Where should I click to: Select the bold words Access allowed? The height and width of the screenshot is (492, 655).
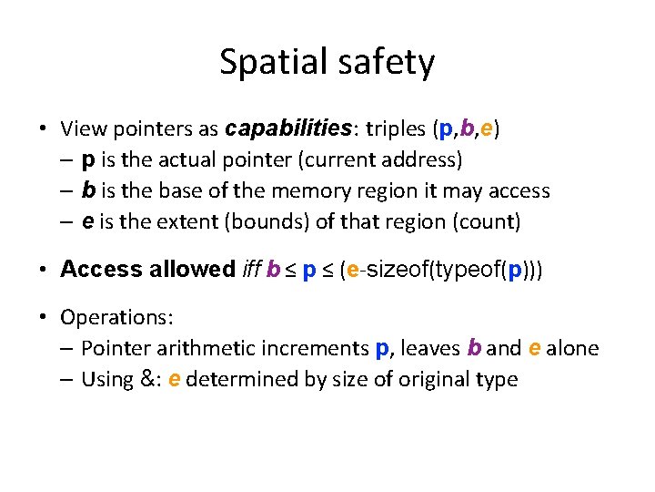click(x=147, y=270)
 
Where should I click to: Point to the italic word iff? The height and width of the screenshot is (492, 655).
click(x=251, y=270)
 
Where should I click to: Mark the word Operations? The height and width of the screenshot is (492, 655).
click(x=116, y=317)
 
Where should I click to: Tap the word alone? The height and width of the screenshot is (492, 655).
click(x=573, y=348)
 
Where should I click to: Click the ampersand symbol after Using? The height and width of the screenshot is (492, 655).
click(x=146, y=379)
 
